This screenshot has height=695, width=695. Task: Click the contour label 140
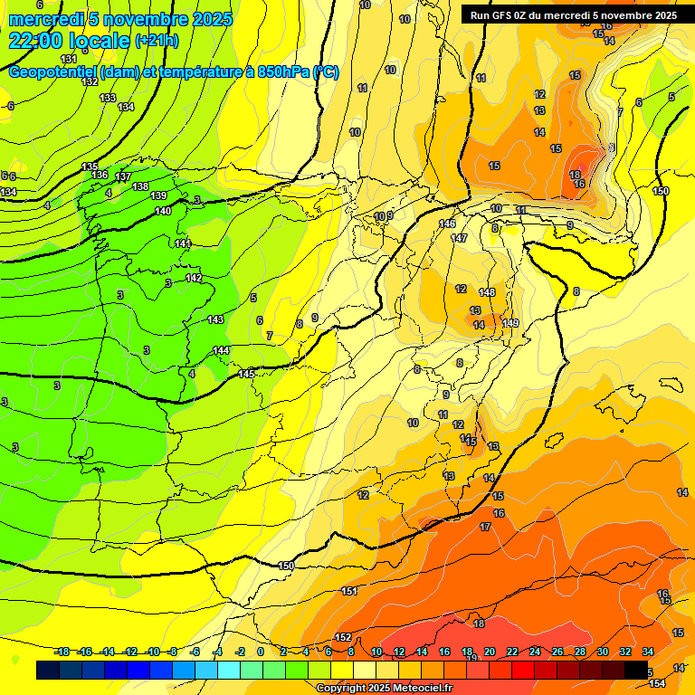[x=163, y=211]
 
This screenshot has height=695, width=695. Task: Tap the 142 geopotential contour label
[x=194, y=278]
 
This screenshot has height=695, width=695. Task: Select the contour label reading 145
[x=246, y=374]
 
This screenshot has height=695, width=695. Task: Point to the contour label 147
[x=459, y=238]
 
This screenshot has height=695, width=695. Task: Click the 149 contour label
[x=510, y=323]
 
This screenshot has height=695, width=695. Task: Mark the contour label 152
[x=343, y=637]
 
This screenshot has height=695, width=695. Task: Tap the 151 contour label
[x=350, y=591]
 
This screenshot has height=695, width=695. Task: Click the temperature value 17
[x=485, y=527]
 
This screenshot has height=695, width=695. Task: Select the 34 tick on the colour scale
[x=648, y=652]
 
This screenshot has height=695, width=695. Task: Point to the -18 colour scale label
[x=62, y=652]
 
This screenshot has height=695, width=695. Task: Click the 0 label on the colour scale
[x=261, y=652]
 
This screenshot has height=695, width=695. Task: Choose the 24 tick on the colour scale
[x=535, y=652]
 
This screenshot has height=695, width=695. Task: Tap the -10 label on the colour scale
[x=153, y=652]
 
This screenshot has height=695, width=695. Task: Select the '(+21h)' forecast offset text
[x=157, y=41]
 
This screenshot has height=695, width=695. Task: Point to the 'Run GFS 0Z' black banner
[x=573, y=15]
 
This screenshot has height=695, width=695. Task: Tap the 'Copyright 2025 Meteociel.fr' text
[x=385, y=688]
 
